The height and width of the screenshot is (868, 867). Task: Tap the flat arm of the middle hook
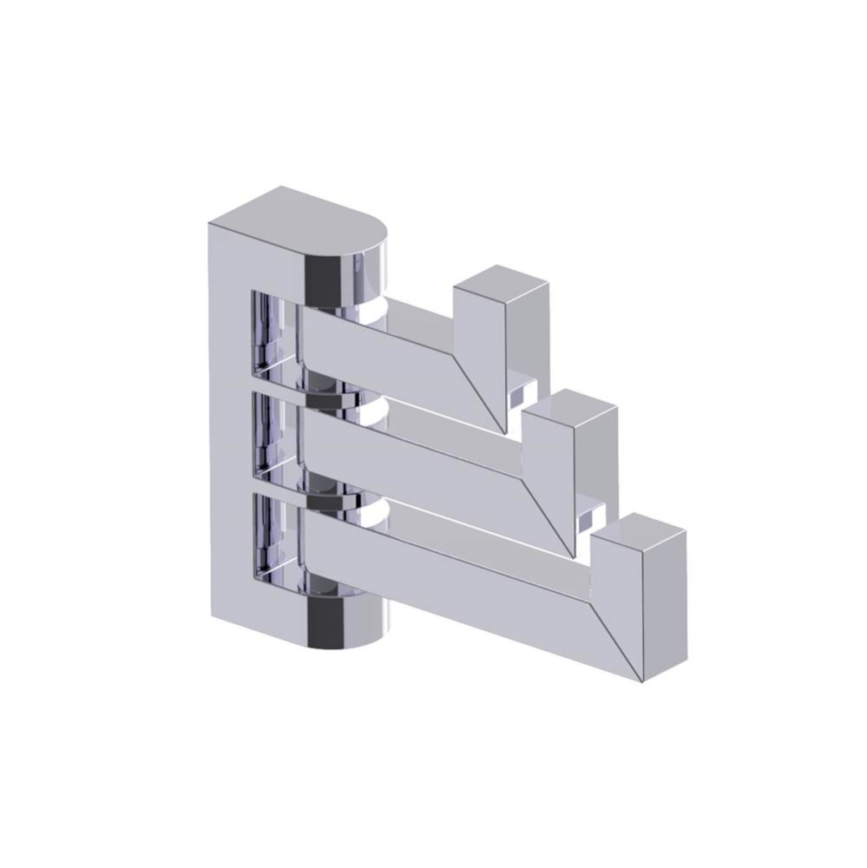[x=417, y=447]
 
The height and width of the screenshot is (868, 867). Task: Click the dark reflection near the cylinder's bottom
[x=328, y=621]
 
